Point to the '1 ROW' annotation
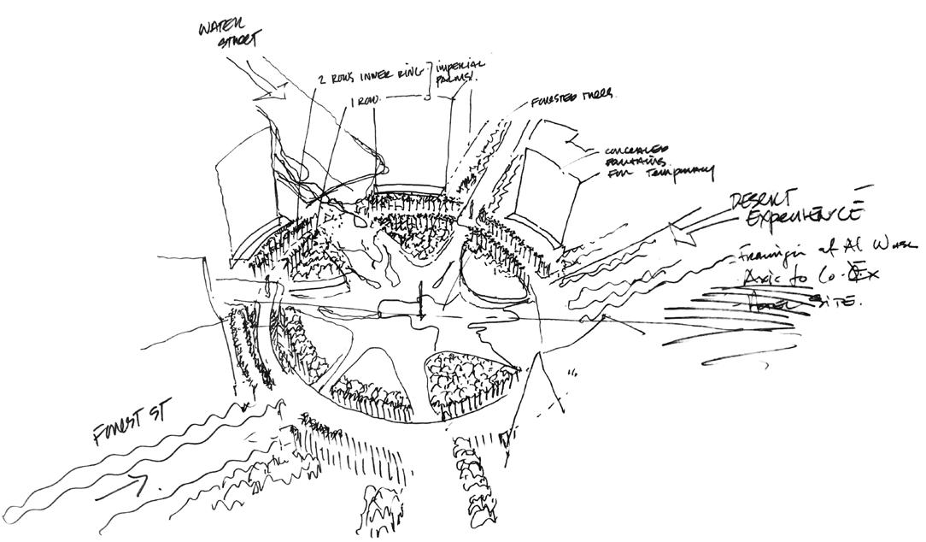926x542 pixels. click(x=366, y=101)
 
